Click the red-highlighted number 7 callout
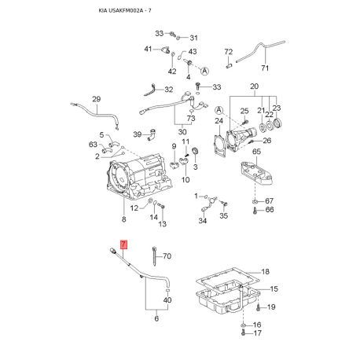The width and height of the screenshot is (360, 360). tap(123, 244)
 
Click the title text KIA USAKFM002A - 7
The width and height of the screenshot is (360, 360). tap(125, 11)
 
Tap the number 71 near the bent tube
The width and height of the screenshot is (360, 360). tap(265, 68)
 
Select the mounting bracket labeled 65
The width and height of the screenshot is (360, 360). tap(256, 174)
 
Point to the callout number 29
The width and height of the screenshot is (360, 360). tap(96, 99)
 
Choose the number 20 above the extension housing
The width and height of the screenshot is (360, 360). tap(254, 86)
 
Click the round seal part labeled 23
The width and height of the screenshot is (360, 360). tap(277, 123)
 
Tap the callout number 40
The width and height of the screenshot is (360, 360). tap(167, 299)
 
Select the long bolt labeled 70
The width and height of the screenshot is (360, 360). tap(154, 255)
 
